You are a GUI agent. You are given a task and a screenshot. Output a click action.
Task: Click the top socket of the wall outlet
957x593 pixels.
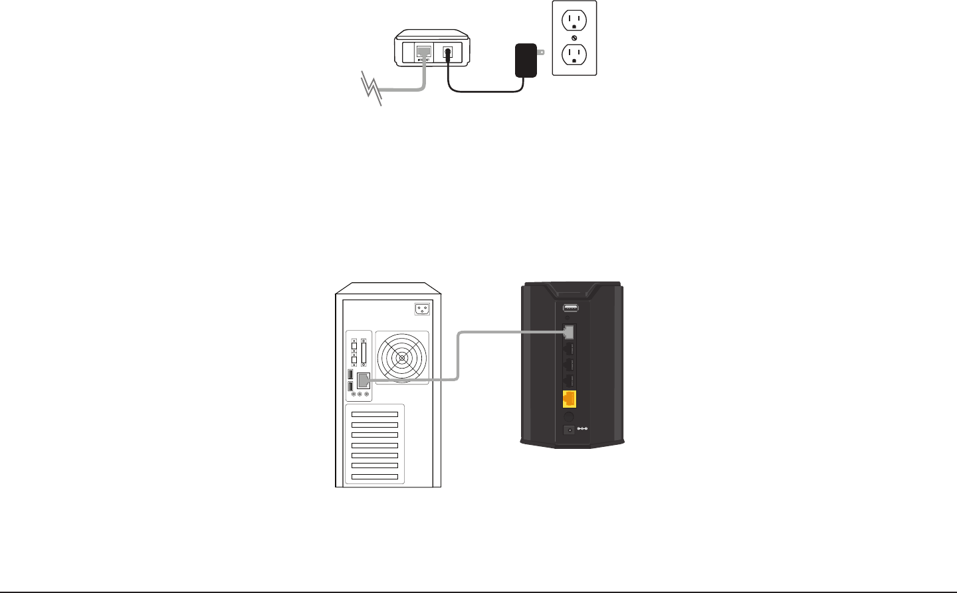tap(574, 21)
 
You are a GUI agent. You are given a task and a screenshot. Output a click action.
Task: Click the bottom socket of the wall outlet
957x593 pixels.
tap(574, 54)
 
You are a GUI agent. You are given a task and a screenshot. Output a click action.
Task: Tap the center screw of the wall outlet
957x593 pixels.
tap(574, 37)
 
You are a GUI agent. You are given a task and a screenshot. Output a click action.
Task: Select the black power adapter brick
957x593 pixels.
tap(526, 60)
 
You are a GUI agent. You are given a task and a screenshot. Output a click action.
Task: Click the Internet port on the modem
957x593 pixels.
tap(423, 52)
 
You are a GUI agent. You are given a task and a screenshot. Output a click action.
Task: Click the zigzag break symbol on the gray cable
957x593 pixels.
tap(372, 89)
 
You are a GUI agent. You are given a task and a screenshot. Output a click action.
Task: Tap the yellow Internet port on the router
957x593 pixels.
tap(570, 399)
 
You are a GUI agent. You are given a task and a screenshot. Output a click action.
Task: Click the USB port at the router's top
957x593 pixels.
tap(570, 308)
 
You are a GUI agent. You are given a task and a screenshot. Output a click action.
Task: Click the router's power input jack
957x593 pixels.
tap(569, 430)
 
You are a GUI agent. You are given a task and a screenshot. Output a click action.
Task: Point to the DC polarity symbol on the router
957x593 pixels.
tap(582, 429)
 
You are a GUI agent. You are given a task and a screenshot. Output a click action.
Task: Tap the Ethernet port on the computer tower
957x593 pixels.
tap(364, 381)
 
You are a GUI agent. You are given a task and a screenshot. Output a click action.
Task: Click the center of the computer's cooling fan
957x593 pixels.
tap(402, 358)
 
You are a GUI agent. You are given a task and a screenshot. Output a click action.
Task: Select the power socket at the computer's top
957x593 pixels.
tap(421, 308)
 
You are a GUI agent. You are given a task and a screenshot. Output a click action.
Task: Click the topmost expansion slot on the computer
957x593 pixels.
tap(375, 414)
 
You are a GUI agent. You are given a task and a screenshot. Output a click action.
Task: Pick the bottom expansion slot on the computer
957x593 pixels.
tap(375, 477)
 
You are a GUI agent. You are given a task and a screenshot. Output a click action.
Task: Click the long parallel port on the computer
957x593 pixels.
tap(364, 353)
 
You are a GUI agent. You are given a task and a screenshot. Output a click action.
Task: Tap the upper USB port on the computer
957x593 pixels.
tap(350, 375)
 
